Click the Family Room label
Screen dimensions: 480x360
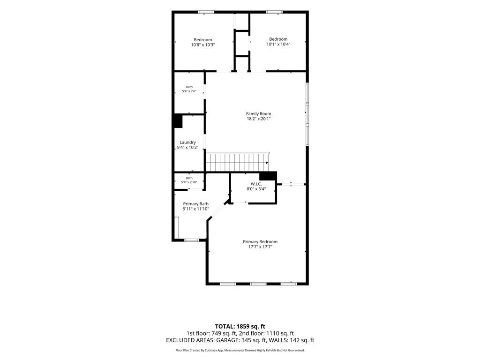[x=259, y=113]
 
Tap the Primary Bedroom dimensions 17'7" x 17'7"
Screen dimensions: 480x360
[x=260, y=247]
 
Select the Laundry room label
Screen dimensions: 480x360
[x=187, y=142]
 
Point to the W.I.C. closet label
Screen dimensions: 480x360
[x=256, y=184]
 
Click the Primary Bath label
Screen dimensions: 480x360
[x=195, y=204]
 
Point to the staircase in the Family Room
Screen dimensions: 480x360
[x=238, y=162]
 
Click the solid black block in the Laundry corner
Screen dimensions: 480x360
[x=178, y=121]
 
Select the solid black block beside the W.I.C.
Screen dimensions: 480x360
[x=268, y=176]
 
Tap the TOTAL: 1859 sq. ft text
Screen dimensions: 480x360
[x=240, y=326]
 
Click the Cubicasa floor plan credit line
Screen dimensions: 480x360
[x=240, y=350]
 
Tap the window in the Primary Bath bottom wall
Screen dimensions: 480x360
[x=192, y=240]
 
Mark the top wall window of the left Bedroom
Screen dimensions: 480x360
[x=206, y=12]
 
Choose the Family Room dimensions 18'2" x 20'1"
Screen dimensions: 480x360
[x=259, y=119]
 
